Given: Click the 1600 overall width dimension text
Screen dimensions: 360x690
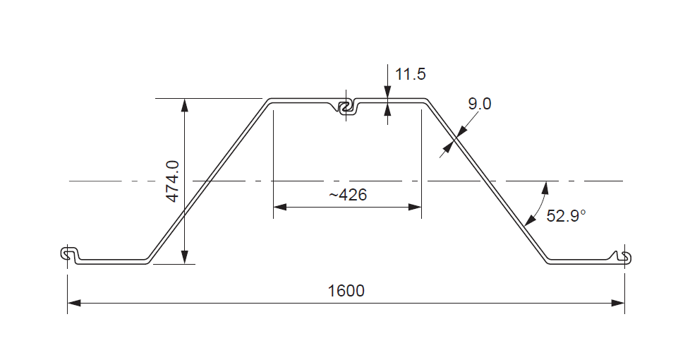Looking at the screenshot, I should pos(346,291).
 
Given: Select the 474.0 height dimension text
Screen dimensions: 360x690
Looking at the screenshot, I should pos(172,181).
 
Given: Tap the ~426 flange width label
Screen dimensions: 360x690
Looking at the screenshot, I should pos(348,195).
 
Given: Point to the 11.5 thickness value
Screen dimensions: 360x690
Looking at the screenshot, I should pos(410,74).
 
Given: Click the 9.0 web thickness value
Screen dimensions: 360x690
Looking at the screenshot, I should pos(480,104).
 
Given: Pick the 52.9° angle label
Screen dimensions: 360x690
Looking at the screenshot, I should pos(566,216).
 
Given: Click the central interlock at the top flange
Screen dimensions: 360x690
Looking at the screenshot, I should pos(346,107).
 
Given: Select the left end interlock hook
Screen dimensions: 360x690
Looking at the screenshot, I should pos(69,254).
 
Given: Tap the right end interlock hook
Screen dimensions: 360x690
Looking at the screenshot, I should pos(624,257).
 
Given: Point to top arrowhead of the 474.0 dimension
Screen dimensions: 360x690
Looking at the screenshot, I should pos(184,104).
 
